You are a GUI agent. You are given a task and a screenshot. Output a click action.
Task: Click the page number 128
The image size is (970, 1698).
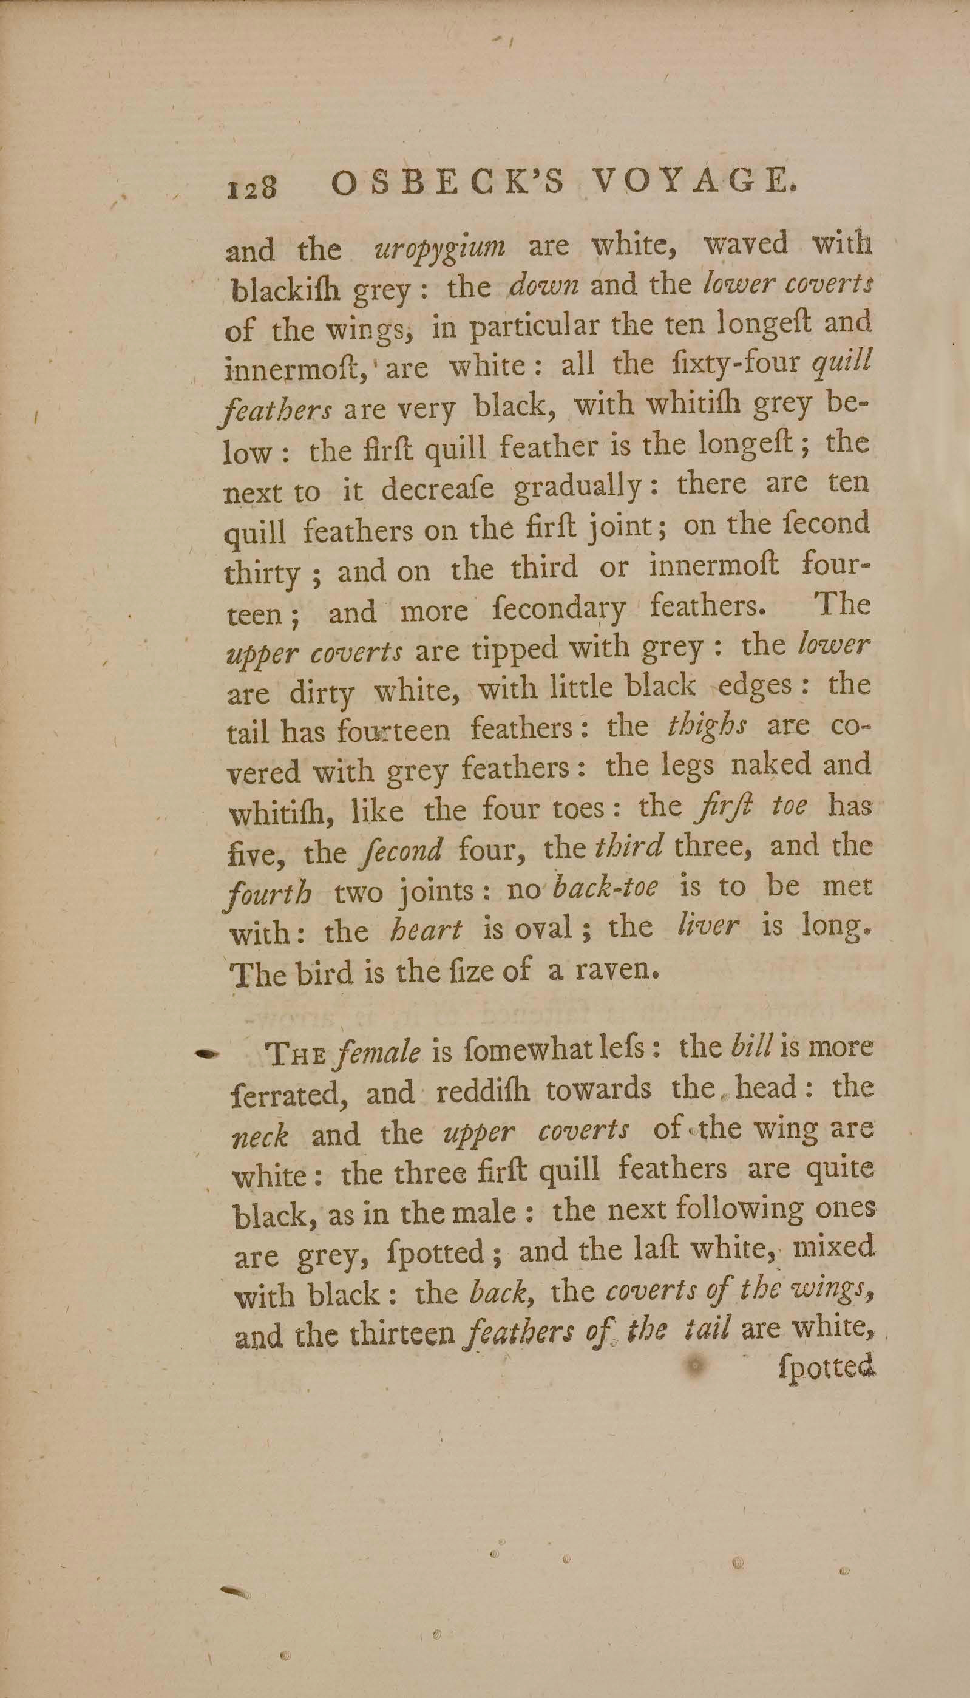click(x=252, y=187)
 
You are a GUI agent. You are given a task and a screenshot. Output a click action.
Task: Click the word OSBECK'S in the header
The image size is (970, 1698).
click(x=450, y=183)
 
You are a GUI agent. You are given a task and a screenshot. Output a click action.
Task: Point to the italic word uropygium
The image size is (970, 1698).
click(x=440, y=247)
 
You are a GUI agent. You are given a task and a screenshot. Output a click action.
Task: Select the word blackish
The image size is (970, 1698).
click(x=286, y=290)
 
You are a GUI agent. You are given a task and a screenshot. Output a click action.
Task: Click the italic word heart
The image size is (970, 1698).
click(x=426, y=929)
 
